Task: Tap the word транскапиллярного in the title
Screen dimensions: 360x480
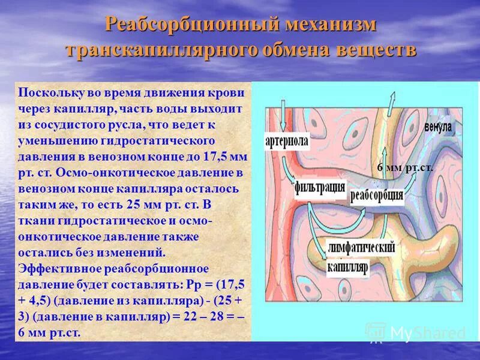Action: pos(160,50)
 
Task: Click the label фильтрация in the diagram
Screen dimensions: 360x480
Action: pos(320,187)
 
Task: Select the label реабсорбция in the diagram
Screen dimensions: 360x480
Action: pos(376,197)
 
